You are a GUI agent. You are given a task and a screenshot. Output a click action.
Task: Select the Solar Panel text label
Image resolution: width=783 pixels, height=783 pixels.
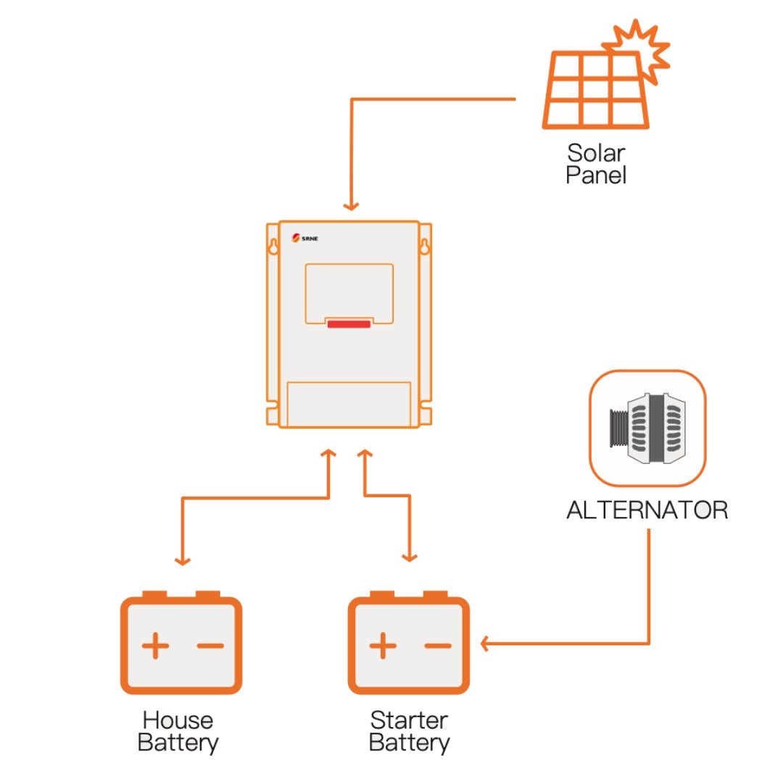tap(595, 165)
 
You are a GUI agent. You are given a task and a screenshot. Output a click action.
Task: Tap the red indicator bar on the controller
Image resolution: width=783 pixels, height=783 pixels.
tap(349, 323)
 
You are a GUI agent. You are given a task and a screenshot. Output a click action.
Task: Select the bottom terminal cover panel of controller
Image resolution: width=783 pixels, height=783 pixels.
tap(349, 404)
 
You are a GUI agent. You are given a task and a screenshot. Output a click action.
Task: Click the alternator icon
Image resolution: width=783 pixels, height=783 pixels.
tap(647, 428)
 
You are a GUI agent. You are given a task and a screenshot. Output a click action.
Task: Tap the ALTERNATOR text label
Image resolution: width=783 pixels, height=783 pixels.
tap(647, 510)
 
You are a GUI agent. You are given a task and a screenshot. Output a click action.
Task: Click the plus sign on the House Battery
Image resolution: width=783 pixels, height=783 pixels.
tap(154, 645)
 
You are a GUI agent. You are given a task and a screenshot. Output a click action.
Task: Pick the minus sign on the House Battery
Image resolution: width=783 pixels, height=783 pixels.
tap(210, 645)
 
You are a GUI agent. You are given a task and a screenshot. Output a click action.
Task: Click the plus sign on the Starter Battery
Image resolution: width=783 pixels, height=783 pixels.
tap(382, 645)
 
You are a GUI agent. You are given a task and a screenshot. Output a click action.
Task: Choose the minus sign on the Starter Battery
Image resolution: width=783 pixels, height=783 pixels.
tap(437, 645)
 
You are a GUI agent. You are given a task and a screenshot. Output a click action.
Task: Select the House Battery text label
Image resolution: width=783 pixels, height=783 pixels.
tap(178, 732)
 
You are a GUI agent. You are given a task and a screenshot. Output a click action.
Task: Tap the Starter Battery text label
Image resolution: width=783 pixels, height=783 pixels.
tap(409, 732)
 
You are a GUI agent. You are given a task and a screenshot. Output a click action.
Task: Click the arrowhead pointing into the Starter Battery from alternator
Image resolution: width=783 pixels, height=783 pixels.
tap(486, 642)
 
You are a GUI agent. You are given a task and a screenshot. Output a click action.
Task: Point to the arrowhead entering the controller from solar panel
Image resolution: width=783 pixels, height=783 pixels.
tap(352, 206)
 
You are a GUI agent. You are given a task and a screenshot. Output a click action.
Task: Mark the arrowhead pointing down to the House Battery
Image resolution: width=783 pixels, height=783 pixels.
tap(183, 560)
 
